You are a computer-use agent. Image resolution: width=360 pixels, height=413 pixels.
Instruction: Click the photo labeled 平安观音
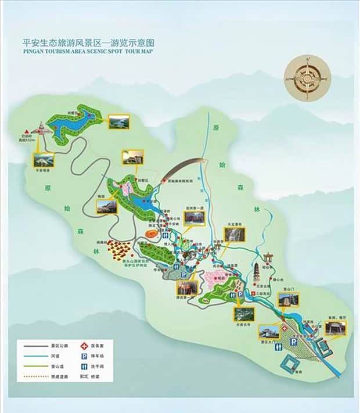43,160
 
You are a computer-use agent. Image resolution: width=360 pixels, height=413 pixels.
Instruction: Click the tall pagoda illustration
258,274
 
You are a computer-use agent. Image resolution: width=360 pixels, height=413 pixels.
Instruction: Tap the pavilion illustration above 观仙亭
268,257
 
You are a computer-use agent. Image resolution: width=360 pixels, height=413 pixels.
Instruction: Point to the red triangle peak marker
26,132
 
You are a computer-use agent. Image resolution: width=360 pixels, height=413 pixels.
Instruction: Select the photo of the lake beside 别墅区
118,121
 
